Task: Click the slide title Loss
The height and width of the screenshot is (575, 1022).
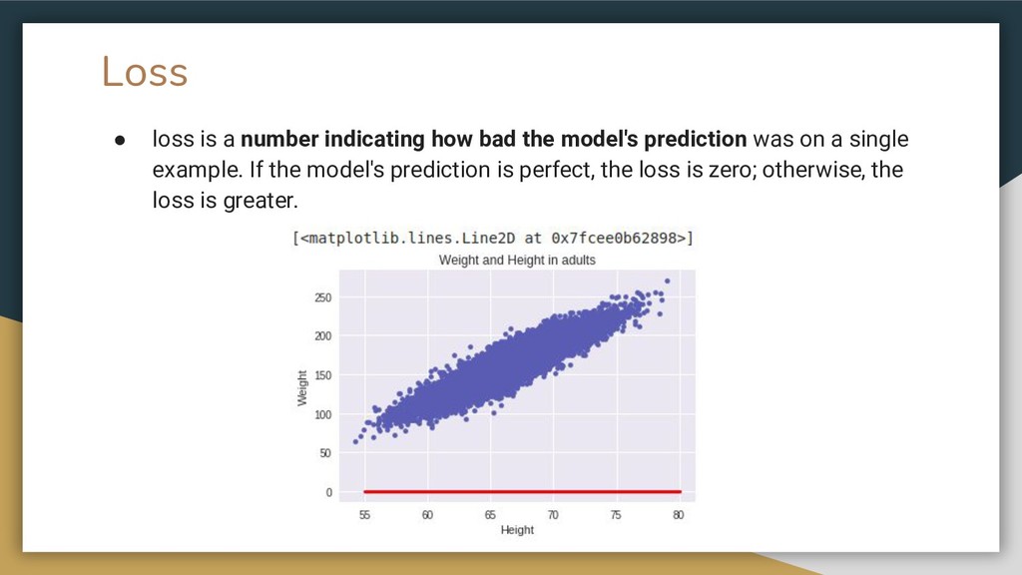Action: pyautogui.click(x=145, y=71)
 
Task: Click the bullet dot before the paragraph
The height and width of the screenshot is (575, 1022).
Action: pyautogui.click(x=120, y=140)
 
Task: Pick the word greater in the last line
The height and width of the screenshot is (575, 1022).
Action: pyautogui.click(x=260, y=201)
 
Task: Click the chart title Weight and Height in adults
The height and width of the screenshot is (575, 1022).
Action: pyautogui.click(x=517, y=261)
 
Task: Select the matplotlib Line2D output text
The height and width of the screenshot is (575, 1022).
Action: pyautogui.click(x=493, y=238)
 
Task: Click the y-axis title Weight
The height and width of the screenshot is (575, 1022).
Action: pyautogui.click(x=301, y=388)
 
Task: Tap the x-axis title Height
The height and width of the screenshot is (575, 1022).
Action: pyautogui.click(x=517, y=530)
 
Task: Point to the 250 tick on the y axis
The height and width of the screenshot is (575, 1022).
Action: pyautogui.click(x=323, y=297)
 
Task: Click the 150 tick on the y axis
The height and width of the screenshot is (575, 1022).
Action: pyautogui.click(x=323, y=375)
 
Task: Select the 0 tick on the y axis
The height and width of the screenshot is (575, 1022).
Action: pyautogui.click(x=329, y=492)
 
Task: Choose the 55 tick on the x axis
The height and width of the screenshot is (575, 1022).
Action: pyautogui.click(x=364, y=515)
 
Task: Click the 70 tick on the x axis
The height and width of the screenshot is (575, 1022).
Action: pyautogui.click(x=553, y=515)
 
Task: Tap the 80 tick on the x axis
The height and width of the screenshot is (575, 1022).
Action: pyautogui.click(x=679, y=515)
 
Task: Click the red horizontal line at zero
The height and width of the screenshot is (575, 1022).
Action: pyautogui.click(x=523, y=491)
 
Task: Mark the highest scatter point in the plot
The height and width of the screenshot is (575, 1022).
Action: pyautogui.click(x=667, y=282)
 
